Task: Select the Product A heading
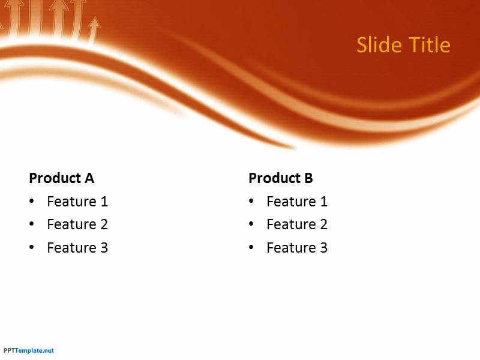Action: [x=62, y=178]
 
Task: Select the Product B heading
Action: [x=281, y=178]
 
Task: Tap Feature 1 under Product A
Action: [x=77, y=202]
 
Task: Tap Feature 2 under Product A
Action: [x=77, y=224]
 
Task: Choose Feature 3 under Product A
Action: [x=77, y=248]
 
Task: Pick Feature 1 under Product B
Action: [x=297, y=202]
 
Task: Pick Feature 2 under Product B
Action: [x=297, y=224]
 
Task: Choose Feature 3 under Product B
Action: [x=297, y=248]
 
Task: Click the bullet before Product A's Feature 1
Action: [x=32, y=201]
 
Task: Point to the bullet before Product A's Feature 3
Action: [x=32, y=247]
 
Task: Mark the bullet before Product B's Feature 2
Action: [x=251, y=224]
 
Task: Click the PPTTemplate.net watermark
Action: [x=28, y=350]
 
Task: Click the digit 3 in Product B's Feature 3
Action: [x=324, y=248]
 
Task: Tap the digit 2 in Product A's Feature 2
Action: [x=104, y=224]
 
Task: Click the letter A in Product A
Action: [x=89, y=178]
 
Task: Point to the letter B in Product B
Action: [x=308, y=178]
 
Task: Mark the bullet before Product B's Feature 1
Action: [x=251, y=201]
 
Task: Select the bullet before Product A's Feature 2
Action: [x=32, y=224]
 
